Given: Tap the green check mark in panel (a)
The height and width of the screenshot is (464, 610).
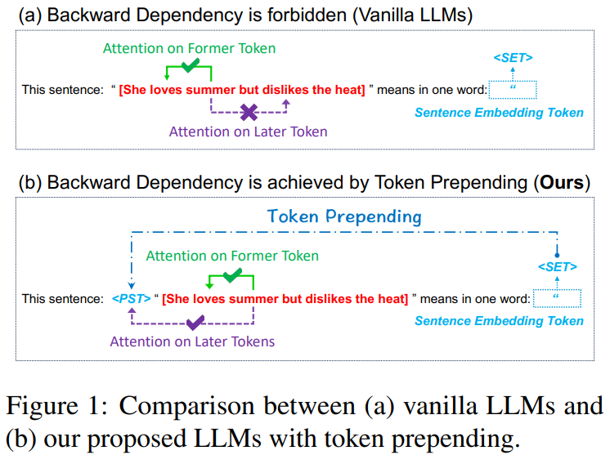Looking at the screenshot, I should click(191, 64).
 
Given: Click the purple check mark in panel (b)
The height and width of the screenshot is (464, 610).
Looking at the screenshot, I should click(194, 323).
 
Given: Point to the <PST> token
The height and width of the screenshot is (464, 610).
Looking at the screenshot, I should click(131, 299).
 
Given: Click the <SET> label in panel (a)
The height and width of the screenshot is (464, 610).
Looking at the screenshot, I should click(513, 58).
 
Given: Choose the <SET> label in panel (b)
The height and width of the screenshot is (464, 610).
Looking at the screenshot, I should click(557, 267).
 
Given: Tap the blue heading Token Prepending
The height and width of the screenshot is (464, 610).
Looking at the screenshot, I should click(344, 216).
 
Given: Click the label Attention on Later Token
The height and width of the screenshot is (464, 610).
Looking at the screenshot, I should click(248, 132).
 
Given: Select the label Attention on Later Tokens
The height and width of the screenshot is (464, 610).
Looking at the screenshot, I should click(192, 341).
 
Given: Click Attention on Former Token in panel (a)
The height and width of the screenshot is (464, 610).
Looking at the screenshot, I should click(189, 48).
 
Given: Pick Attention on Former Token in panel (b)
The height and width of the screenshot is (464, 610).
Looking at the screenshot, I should click(232, 257).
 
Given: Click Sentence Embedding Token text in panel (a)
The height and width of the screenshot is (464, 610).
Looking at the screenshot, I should click(499, 112).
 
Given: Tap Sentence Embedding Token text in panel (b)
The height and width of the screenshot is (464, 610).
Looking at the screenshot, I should click(499, 321).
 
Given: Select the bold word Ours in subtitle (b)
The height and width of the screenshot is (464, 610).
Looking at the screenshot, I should click(563, 182).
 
